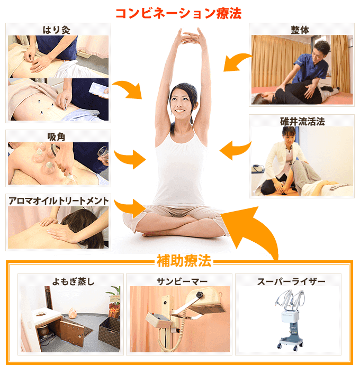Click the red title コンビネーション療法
click(178, 13)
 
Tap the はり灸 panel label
click(57, 30)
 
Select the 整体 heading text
click(300, 30)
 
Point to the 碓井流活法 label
click(302, 121)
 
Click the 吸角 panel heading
click(56, 137)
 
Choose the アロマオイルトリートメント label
click(58, 200)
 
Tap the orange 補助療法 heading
click(184, 261)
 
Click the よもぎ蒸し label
click(73, 281)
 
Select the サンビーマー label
click(182, 281)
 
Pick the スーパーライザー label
click(291, 281)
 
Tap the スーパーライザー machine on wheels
click(290, 320)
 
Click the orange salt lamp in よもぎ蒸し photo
click(74, 313)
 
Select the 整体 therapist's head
click(321, 51)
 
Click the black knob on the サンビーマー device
click(199, 295)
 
